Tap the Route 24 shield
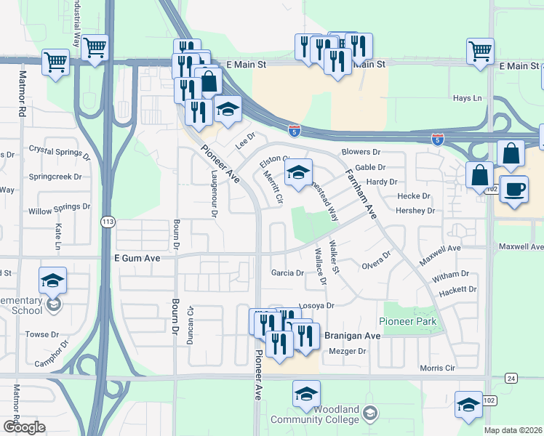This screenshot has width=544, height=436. pos(512,378)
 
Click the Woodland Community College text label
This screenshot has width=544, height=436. pos(315,419)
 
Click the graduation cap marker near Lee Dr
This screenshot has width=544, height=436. pos(228,110)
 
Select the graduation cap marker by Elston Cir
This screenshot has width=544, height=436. pos(298,174)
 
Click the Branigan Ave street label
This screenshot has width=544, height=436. pos(352,336)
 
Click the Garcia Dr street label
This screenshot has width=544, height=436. pos(287,273)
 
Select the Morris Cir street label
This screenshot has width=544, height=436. pos(437,368)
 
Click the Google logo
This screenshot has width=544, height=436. pos(24,427)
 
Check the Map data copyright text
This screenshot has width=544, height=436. pos(513,430)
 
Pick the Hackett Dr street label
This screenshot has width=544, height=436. pos(457,289)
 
